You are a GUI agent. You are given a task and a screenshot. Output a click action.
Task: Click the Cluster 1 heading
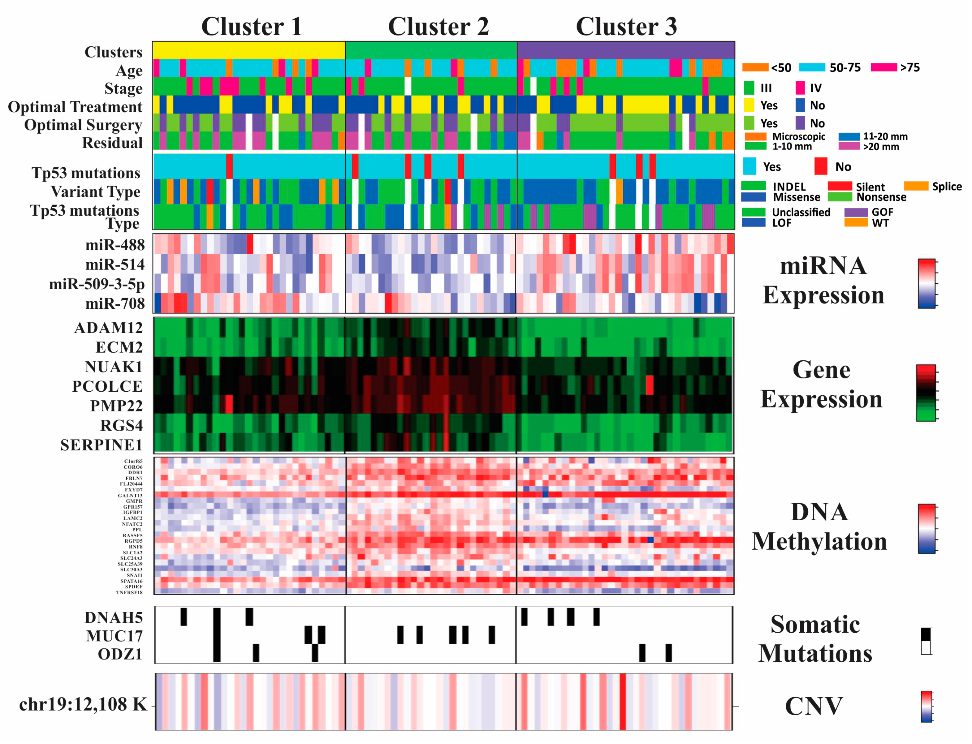(x=252, y=27)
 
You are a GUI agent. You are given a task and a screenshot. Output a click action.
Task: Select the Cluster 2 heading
(x=438, y=27)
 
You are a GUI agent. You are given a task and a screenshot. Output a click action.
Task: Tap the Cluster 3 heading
(x=626, y=27)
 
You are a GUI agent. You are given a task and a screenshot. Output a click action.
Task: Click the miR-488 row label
(x=115, y=245)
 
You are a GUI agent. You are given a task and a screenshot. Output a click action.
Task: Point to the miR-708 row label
(x=115, y=303)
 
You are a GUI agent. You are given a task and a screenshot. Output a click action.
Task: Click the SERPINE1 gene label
(x=102, y=445)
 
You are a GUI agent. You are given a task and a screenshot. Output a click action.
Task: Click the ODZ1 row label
(x=120, y=654)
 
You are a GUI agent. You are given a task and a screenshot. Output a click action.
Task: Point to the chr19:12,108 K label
(x=83, y=704)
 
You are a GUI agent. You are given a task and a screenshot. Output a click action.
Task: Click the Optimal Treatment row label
(x=75, y=107)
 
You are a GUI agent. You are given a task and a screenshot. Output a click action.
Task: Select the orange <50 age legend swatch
(x=755, y=67)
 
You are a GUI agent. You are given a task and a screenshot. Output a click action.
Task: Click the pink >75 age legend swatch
(x=883, y=67)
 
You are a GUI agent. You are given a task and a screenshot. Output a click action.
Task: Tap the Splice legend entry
(x=946, y=187)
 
